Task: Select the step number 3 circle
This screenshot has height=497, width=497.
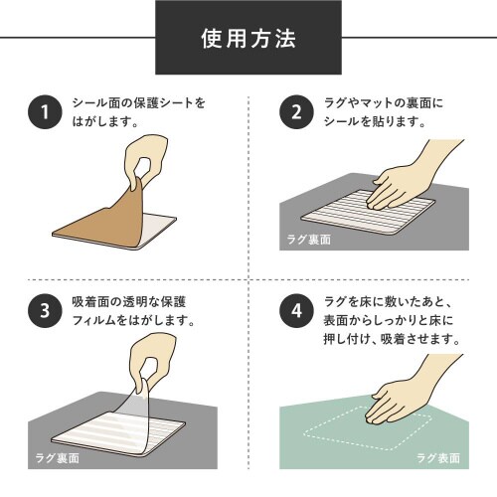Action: [41, 312]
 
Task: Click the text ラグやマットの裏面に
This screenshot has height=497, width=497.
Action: [389, 103]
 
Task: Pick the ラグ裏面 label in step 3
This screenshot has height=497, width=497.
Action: [55, 458]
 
